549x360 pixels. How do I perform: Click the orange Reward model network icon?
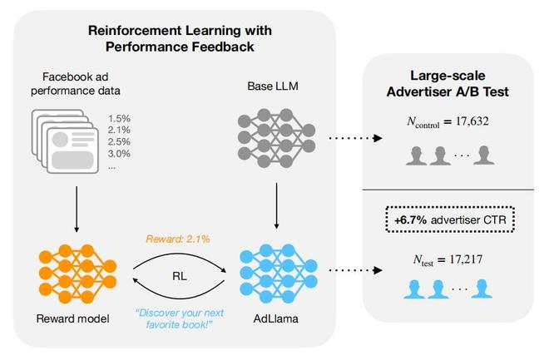pos(77,274)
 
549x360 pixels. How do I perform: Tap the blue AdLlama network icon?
pos(279,274)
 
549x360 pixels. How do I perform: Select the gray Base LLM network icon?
pos(276,137)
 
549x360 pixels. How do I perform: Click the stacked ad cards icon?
pos(65,141)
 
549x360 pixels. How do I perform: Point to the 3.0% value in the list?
pos(119,153)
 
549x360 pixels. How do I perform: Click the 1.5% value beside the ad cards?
pos(119,119)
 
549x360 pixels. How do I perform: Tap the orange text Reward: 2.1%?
pos(178,239)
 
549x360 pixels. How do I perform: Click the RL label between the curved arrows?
pos(180,276)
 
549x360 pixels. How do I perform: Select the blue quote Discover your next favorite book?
pos(180,318)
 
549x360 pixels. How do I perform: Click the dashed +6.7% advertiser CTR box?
pos(450,219)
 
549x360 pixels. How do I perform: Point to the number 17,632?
pos(472,121)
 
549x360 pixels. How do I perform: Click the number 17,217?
pos(466,259)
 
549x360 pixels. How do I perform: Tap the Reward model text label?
pos(73,318)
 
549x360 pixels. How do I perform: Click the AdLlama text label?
pos(276,318)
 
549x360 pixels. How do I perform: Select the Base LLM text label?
pos(273,86)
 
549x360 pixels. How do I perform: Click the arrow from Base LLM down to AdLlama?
pos(277,206)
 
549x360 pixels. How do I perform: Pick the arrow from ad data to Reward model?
pos(77,209)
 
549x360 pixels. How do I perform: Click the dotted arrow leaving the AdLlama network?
pos(355,270)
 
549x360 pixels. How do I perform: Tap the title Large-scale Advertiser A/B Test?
pos(448,84)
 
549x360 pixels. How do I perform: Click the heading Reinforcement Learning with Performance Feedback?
pos(180,38)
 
